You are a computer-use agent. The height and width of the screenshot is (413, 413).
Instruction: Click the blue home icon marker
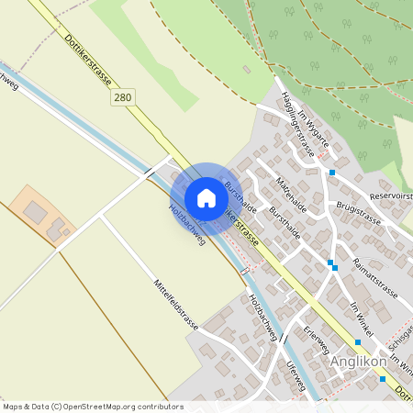click(206, 198)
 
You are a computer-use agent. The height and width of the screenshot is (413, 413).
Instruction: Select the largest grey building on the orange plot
click(35, 213)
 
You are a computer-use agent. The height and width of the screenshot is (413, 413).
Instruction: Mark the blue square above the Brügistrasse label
click(332, 173)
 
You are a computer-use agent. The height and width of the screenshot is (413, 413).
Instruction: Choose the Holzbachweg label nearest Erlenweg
click(263, 318)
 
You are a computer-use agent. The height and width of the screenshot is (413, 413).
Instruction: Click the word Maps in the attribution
click(13, 407)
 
